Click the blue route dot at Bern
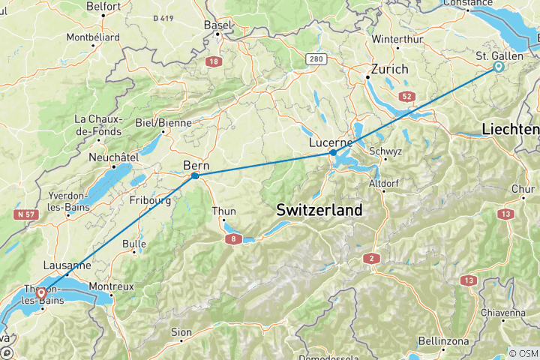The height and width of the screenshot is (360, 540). pos(195,176)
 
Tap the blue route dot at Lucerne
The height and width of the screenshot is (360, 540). pos(332,152)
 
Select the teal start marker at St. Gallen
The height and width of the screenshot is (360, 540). pos(499,67)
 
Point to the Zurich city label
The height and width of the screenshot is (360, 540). pos(386,69)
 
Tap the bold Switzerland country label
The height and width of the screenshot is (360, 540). pos(319,210)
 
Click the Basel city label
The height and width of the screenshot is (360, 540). pos(217,25)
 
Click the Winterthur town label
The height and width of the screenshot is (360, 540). pos(398,38)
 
